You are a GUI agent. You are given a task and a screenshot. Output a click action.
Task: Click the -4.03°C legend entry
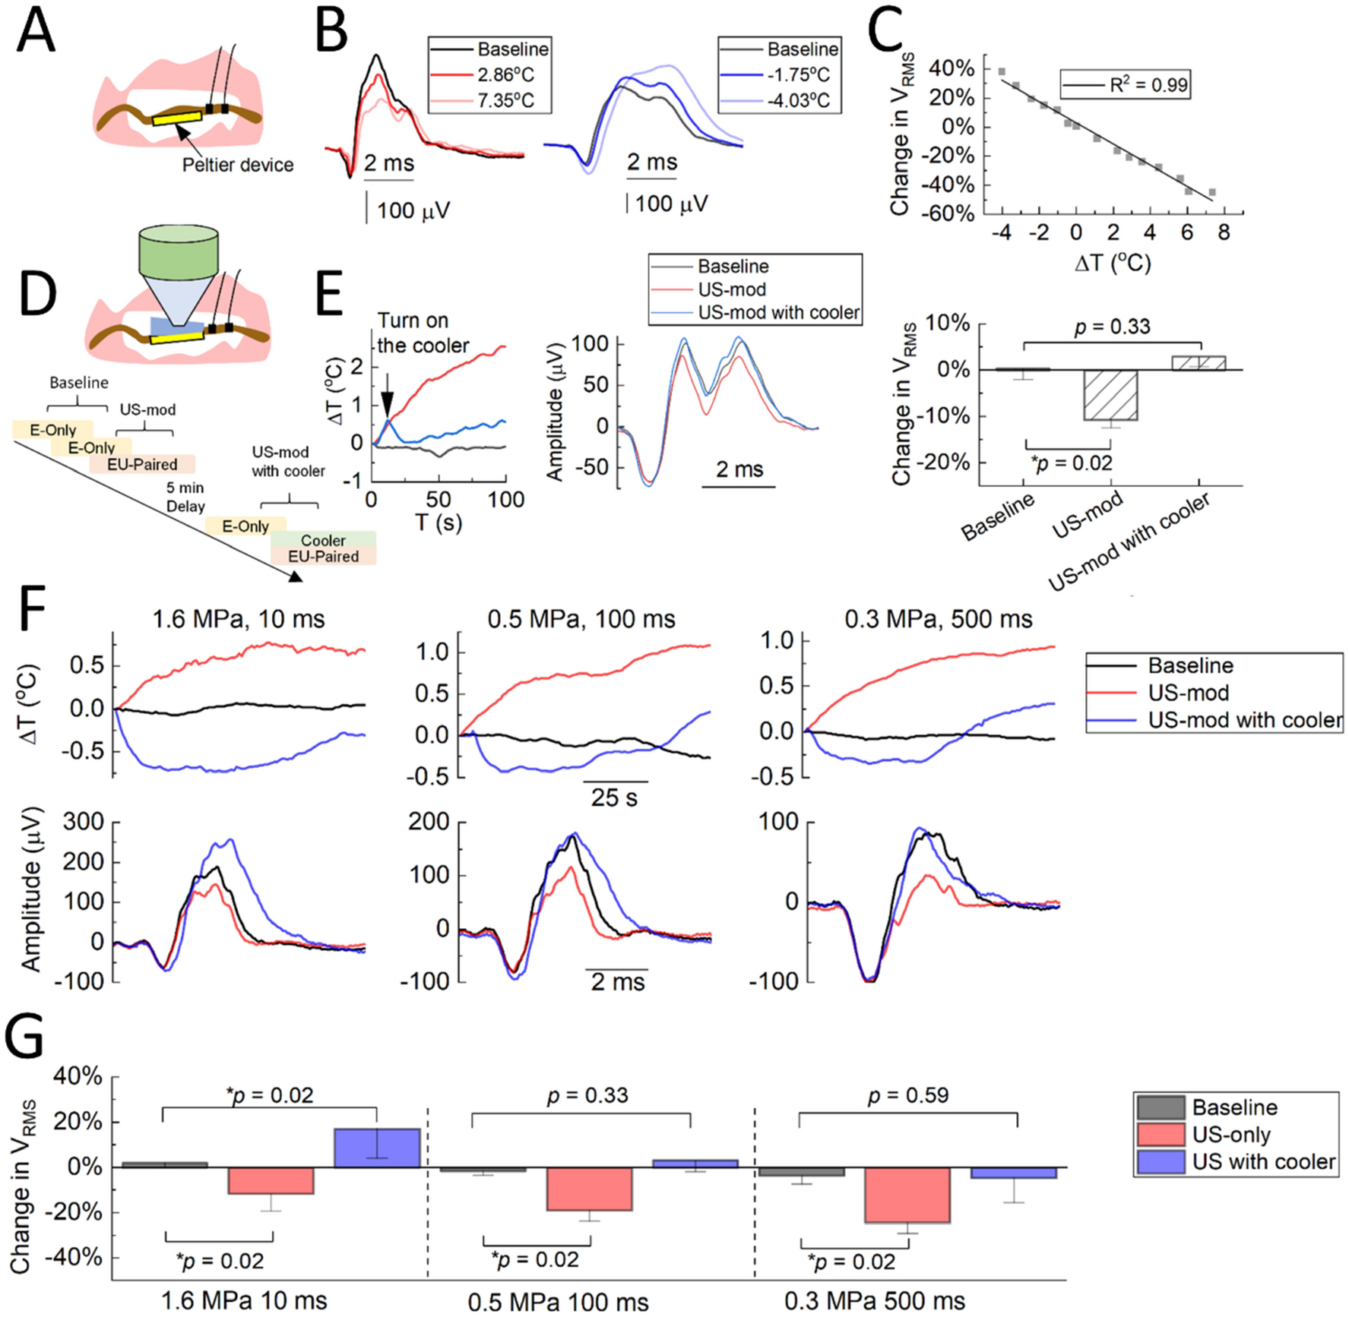797,100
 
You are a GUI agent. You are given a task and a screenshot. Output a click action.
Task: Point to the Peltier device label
237,165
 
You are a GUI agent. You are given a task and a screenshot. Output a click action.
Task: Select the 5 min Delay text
185,497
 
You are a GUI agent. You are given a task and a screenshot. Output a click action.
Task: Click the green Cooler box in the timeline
323,539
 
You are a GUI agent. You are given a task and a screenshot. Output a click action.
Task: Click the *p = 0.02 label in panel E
1071,463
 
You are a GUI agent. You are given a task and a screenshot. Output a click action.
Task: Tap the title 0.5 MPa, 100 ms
581,620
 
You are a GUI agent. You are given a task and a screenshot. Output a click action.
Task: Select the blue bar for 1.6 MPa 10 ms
377,1148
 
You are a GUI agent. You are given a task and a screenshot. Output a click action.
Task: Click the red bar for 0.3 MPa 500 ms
907,1194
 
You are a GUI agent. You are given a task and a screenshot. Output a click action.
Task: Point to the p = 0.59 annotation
907,1095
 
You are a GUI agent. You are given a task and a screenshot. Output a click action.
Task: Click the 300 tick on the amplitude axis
86,822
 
